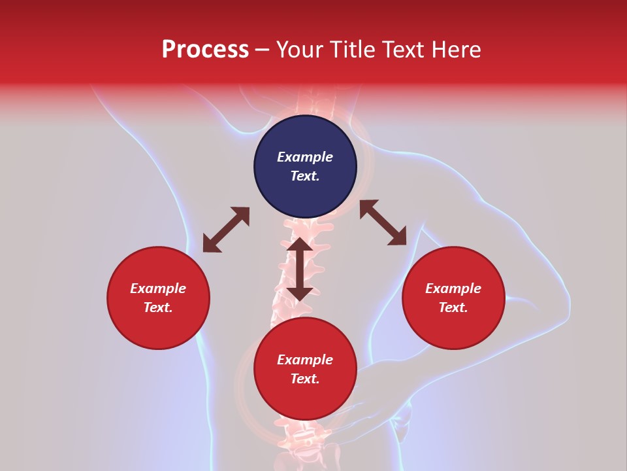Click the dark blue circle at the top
click(x=305, y=167)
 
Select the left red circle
click(x=158, y=298)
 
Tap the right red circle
click(x=453, y=298)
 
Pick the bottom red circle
click(x=305, y=369)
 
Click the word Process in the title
click(x=205, y=50)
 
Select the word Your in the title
click(x=299, y=50)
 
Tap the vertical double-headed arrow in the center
click(x=300, y=269)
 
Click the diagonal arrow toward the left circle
click(x=226, y=230)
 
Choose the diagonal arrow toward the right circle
click(x=383, y=222)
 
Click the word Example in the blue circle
click(x=305, y=157)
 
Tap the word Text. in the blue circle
click(x=305, y=176)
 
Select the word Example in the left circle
click(x=158, y=288)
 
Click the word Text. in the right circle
click(x=453, y=307)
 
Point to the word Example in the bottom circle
click(x=305, y=360)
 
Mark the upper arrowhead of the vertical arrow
click(x=300, y=245)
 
